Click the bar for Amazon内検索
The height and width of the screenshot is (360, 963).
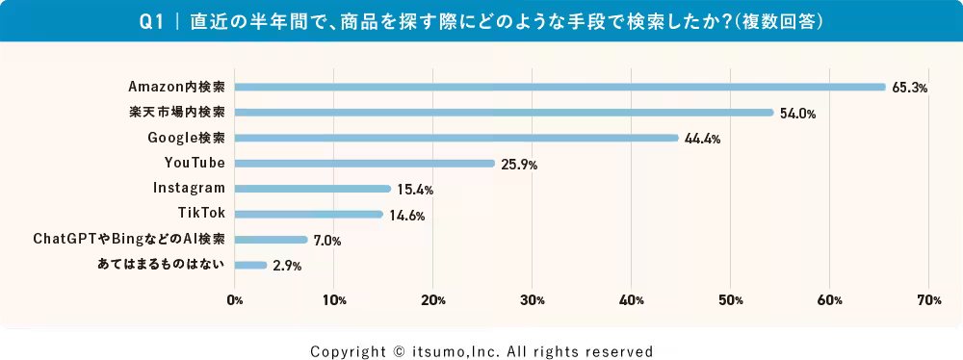tap(559, 87)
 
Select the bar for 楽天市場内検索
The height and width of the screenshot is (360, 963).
tap(503, 113)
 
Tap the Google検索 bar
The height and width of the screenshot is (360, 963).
tap(455, 138)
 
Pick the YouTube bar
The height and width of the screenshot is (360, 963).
tap(364, 164)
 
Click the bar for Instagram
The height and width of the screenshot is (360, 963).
tap(312, 189)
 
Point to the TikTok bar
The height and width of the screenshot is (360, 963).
tap(308, 214)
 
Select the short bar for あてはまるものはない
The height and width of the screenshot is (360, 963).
tap(250, 265)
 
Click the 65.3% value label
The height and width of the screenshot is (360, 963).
tap(909, 88)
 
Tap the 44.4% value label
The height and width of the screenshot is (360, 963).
tap(702, 139)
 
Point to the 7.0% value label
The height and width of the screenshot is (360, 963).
tap(327, 241)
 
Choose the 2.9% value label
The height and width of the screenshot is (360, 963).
tap(287, 266)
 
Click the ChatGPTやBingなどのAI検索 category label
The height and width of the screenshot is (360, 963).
tap(129, 239)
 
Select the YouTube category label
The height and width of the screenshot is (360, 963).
tap(195, 163)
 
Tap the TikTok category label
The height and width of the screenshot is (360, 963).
tap(202, 214)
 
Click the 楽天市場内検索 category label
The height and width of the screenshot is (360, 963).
tap(177, 112)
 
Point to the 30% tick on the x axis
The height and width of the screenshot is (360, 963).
tap(532, 300)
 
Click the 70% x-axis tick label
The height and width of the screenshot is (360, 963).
tap(928, 300)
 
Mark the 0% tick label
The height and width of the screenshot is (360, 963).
tap(234, 300)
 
